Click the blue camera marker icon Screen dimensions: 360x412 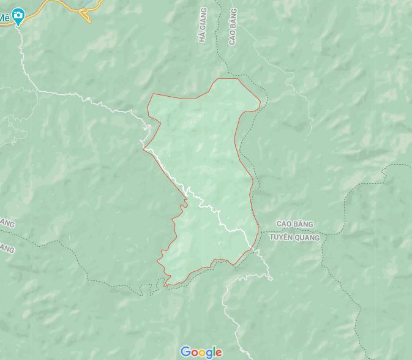pos(18,16)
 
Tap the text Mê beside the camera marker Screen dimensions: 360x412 pos(5,17)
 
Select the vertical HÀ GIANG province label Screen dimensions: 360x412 pos(203,25)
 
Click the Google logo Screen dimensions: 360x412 pos(201,352)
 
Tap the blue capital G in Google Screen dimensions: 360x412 pos(185,351)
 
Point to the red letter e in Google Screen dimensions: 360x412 pos(219,353)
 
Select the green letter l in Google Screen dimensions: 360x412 pos(213,351)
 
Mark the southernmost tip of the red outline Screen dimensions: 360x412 pos(165,285)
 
